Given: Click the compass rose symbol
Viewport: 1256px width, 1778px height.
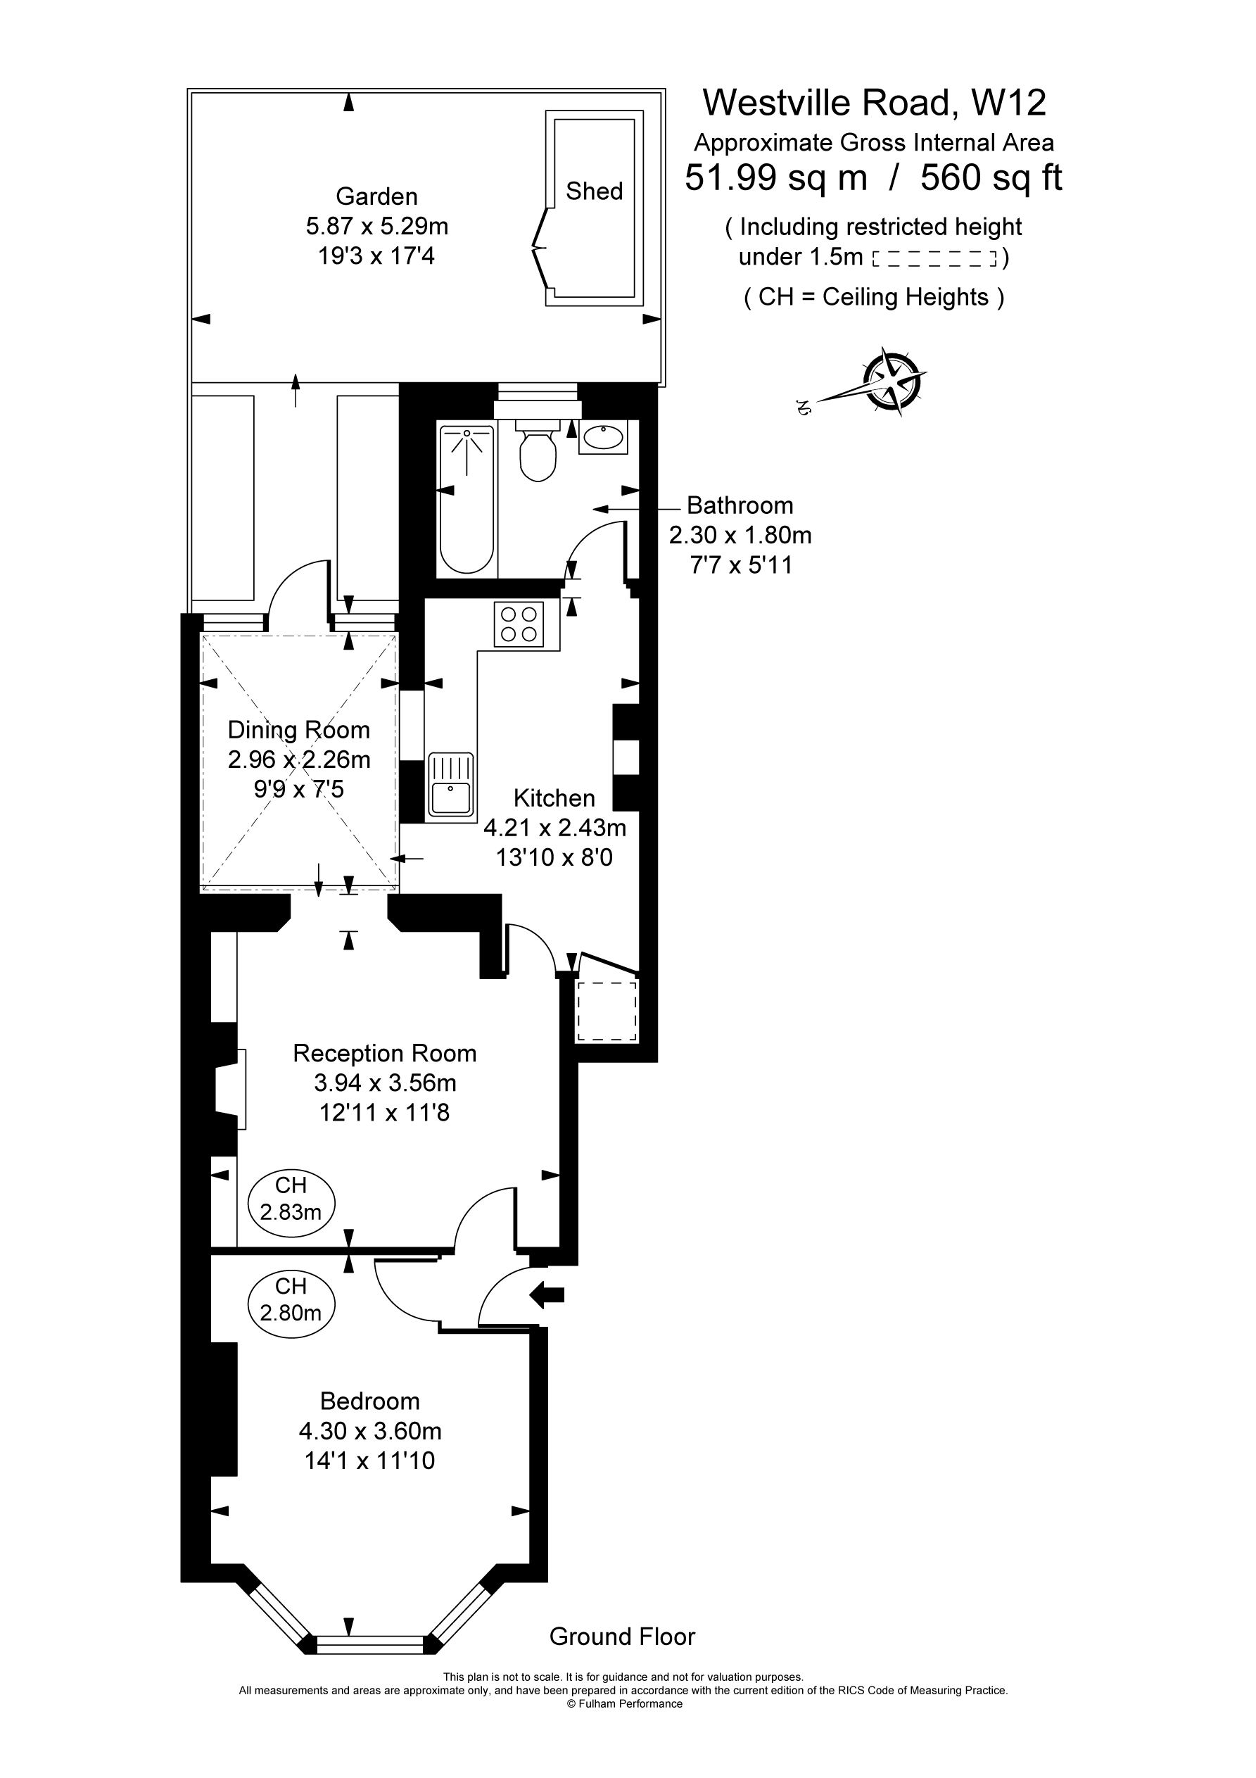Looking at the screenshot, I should point(894,380).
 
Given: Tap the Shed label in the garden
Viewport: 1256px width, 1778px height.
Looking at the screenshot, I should point(594,191).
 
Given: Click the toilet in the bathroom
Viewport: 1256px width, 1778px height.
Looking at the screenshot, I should point(538,453).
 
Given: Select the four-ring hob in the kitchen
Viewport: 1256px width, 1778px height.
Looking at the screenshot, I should point(519,624).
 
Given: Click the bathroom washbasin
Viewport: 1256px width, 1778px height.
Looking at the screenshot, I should point(603,439).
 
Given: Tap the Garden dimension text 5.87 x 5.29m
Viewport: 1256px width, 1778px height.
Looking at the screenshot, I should point(377,226).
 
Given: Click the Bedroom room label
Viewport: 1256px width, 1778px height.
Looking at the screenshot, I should point(370,1401).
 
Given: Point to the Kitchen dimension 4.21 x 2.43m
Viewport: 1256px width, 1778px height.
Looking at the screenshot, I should point(554,828).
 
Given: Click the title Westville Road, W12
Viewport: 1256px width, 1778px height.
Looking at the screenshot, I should point(874,102).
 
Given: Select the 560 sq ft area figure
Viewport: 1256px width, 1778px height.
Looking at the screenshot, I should point(991,177).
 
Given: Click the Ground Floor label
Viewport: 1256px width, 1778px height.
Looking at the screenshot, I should point(622,1637).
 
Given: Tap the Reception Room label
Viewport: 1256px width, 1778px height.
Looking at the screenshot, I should point(384,1053).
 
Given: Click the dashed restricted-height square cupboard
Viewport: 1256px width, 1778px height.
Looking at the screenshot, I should point(607,1011).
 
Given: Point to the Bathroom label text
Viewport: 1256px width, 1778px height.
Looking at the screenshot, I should point(740,505).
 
